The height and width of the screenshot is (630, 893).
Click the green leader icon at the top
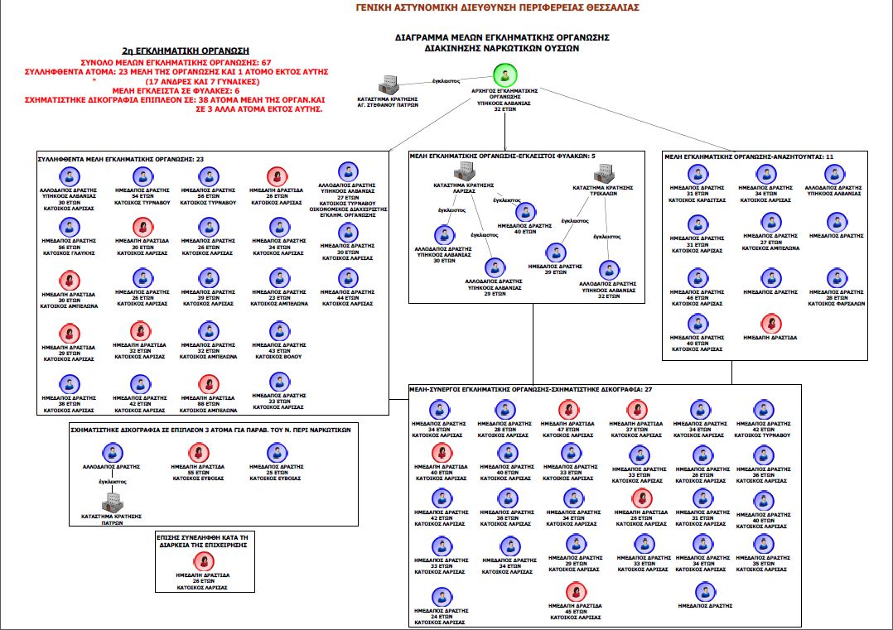pos(504,75)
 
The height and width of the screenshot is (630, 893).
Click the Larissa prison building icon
pos(463,171)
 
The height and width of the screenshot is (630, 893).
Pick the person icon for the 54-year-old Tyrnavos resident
pos(142,176)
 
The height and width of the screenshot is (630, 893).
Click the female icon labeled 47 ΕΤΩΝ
pos(567,409)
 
